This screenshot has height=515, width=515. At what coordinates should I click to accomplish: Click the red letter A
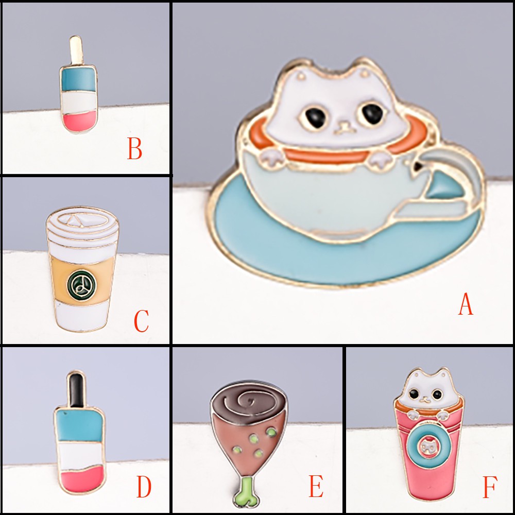point(466,304)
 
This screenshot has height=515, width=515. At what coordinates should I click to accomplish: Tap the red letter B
point(134,148)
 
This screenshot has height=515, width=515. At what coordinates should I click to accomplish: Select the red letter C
point(142,320)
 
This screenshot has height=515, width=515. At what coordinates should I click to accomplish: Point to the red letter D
point(144,487)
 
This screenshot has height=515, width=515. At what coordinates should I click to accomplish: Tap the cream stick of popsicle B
point(76,50)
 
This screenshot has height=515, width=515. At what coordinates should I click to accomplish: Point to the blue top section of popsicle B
point(78,80)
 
